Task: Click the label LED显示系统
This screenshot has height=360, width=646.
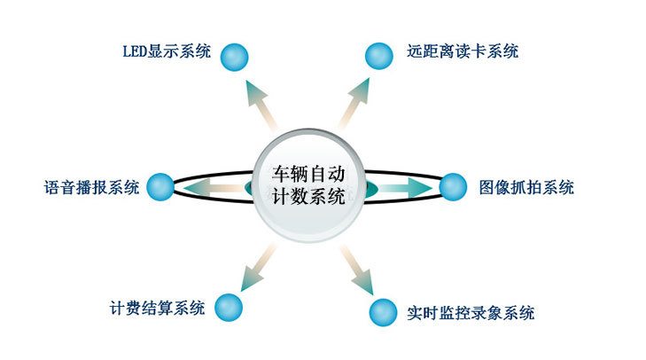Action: [166, 51]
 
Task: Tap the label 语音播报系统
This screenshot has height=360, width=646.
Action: [91, 187]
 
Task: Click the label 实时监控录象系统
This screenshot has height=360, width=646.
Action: [471, 312]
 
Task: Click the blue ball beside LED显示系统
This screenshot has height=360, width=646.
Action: [234, 57]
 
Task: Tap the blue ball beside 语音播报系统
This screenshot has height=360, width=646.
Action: [160, 186]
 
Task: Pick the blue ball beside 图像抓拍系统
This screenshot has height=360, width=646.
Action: [452, 186]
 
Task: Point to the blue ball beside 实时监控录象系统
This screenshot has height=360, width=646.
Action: [381, 311]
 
